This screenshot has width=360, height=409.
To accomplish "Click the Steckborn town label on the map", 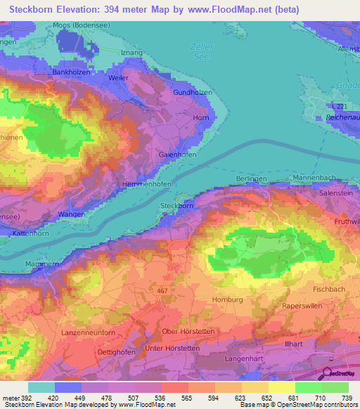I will tap(176, 206).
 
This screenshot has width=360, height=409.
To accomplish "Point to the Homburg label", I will tap(226, 299).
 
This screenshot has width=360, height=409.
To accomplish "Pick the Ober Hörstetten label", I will tap(181, 331).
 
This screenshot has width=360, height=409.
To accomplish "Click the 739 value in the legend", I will tap(345, 397).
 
